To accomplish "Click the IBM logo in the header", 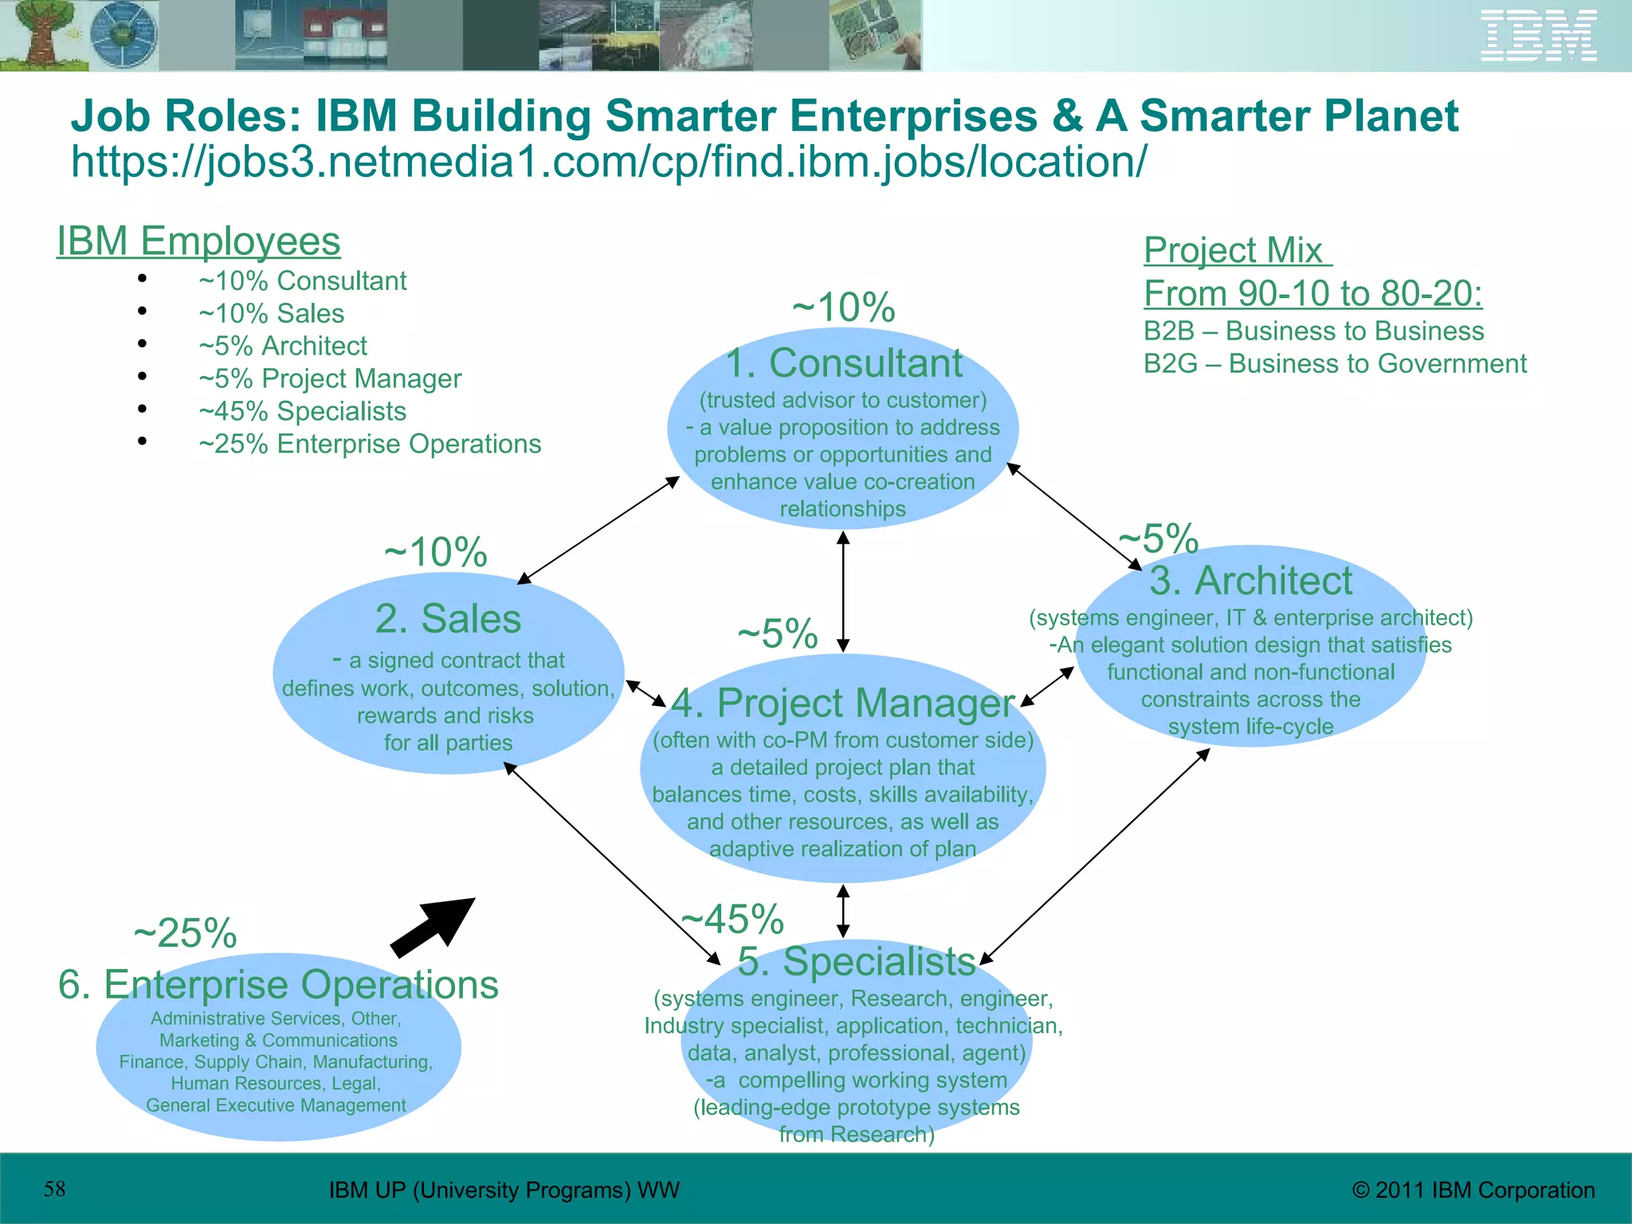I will click(1538, 36).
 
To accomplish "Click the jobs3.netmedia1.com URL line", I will click(609, 162).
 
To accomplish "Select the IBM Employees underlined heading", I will click(198, 241).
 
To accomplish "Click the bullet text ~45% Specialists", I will click(302, 411).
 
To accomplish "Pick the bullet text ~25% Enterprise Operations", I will click(370, 444).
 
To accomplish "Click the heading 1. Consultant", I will click(843, 363).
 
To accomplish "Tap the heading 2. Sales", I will click(448, 618).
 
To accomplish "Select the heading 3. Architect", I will click(1250, 580).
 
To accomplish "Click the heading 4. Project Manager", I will click(843, 703).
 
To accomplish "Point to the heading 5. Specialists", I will click(857, 961).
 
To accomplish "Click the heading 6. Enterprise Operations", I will click(278, 984).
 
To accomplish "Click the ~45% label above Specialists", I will click(733, 919).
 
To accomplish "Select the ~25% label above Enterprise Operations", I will click(185, 932).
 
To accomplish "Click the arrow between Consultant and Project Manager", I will click(843, 591).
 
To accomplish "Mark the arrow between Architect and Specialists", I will click(1096, 857).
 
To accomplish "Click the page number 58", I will click(54, 1189).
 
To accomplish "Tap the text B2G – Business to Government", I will click(1335, 363).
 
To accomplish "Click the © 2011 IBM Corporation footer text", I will click(1473, 1190).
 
